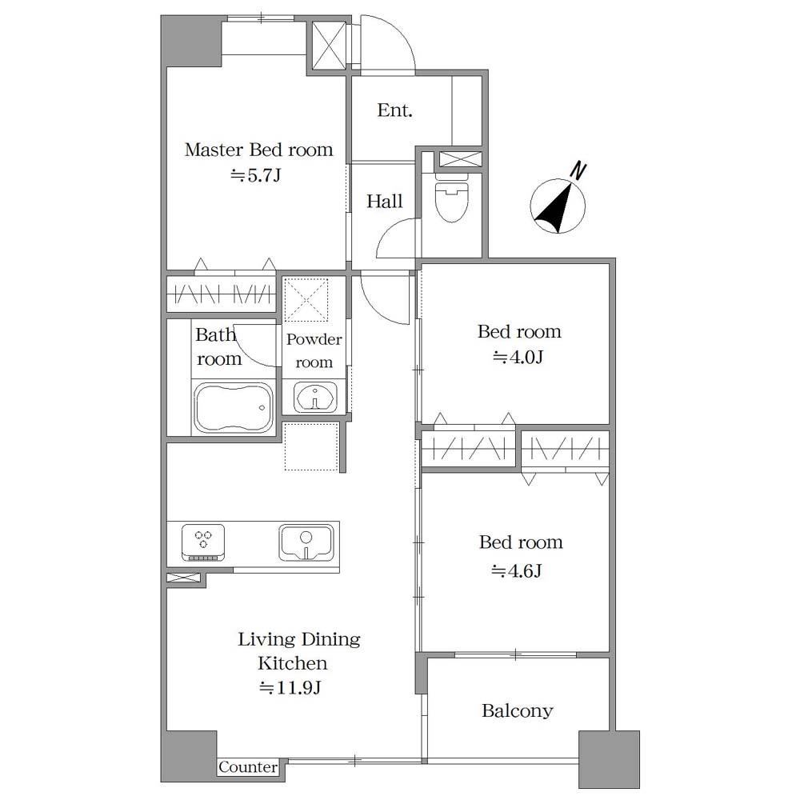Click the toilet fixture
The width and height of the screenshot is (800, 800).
point(451,198)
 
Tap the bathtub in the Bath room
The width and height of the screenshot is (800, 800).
point(234,408)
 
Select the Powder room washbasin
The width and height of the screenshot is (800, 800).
point(315,398)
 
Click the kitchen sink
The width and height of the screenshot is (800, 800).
point(306,542)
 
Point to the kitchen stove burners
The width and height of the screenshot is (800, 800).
point(203,542)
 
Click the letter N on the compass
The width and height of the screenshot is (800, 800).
point(578,171)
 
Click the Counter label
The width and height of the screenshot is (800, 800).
point(248,767)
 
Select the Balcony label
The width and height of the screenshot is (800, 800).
point(518,710)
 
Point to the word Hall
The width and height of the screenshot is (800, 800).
point(385,201)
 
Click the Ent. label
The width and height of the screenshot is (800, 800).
point(395,110)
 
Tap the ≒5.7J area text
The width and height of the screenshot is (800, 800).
point(256,175)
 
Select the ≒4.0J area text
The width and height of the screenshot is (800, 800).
point(518,357)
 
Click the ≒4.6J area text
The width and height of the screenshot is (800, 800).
point(516,570)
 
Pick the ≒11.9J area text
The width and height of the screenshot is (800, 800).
point(290,688)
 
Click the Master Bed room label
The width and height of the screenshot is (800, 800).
point(258,150)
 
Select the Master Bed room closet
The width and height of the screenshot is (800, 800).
point(222,294)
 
